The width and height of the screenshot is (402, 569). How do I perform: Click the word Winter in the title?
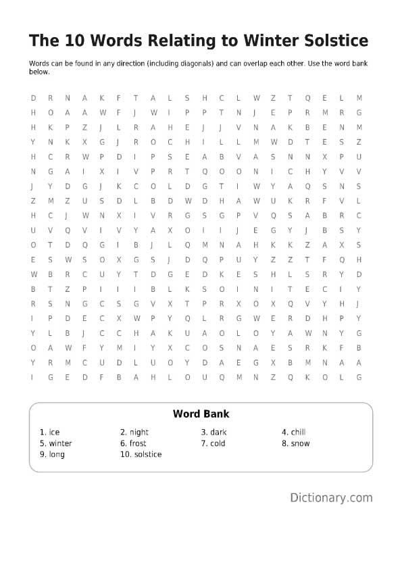284,41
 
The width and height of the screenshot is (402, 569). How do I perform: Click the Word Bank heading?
201,414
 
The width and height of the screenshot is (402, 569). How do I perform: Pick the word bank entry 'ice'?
54,432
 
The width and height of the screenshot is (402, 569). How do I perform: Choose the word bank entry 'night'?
139,432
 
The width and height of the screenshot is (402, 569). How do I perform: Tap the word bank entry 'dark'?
218,432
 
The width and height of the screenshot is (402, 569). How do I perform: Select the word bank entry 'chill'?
299,432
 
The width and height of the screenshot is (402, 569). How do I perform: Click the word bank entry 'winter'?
60,443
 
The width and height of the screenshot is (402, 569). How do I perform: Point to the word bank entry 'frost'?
138,443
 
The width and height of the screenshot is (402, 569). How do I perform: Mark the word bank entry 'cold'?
218,443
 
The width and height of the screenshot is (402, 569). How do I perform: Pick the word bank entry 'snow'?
300,443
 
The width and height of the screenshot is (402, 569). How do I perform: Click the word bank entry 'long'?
57,455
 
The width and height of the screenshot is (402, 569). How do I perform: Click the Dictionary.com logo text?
331,498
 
